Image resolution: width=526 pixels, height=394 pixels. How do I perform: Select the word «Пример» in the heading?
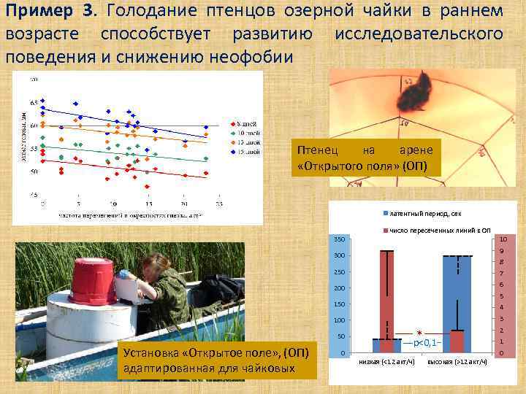(x=37, y=12)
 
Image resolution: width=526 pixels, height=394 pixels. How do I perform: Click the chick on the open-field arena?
(x=413, y=95)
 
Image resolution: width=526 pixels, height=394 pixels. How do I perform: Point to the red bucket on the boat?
(x=94, y=280)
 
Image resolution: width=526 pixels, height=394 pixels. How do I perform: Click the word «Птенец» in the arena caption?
(x=318, y=150)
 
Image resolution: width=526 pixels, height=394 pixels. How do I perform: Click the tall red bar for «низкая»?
(x=386, y=295)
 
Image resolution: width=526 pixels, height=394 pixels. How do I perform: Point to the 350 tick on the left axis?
(x=339, y=240)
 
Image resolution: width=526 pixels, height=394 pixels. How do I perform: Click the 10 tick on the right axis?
(x=503, y=240)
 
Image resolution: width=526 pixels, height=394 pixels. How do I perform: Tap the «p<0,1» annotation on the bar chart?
(x=424, y=342)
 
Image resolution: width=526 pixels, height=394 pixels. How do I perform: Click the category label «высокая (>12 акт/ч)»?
(x=457, y=362)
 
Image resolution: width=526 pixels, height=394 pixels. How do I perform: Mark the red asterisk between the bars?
(x=419, y=332)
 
